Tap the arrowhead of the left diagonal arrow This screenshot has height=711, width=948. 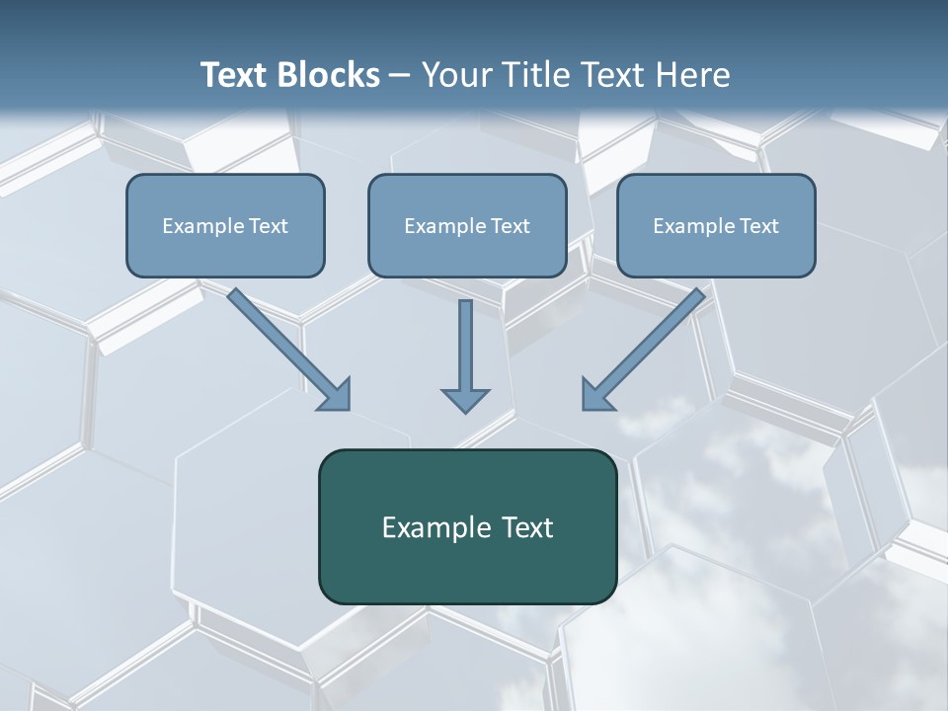(336, 395)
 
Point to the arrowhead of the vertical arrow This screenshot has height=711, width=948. (465, 399)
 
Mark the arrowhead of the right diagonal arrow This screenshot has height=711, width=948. (596, 395)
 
